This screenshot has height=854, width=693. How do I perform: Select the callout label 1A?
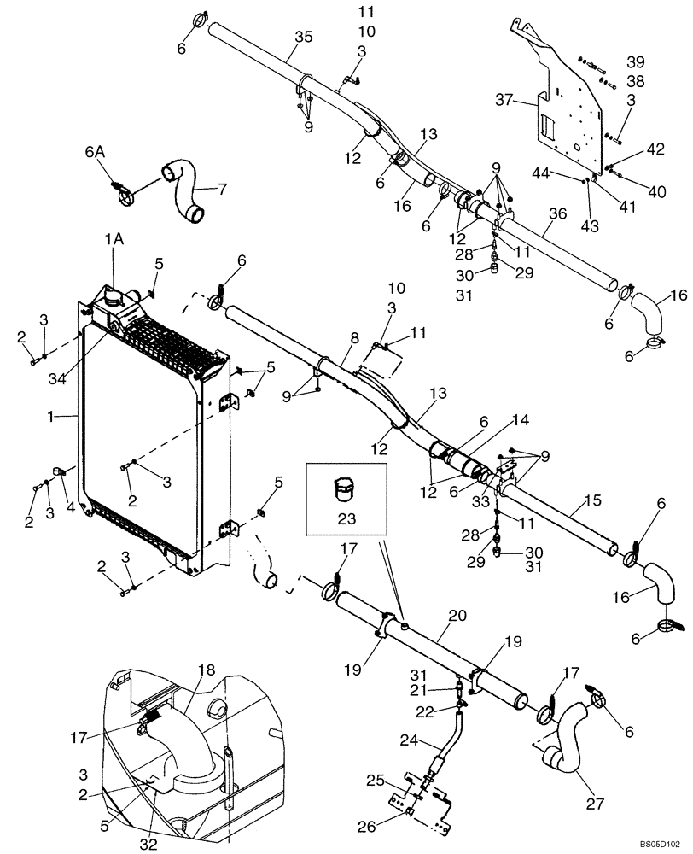114,242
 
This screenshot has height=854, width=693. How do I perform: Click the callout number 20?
457,616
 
